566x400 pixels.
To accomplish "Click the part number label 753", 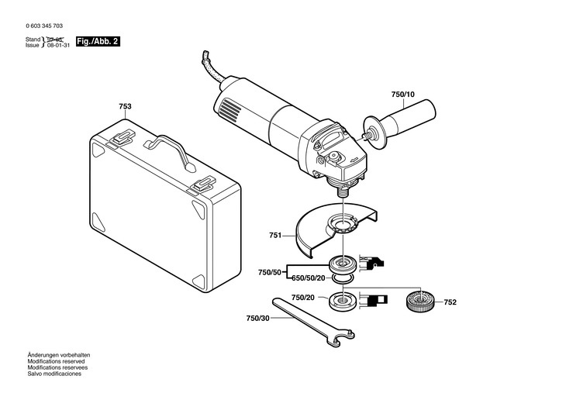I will pos(125,106).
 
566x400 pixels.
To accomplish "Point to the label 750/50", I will pos(270,272).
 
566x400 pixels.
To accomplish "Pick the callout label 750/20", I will pos(303,298).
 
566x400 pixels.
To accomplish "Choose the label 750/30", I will pos(258,319).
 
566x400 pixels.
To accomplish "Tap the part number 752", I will pos(451,303).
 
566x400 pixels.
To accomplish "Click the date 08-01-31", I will pos(59,46).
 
